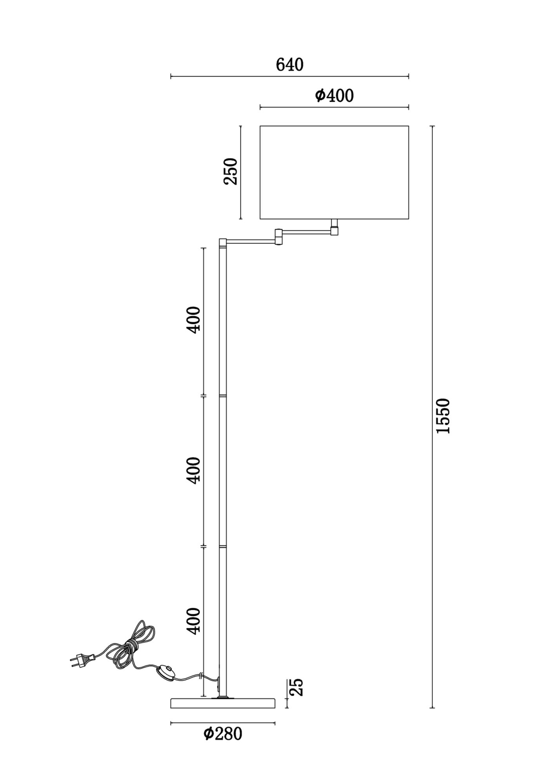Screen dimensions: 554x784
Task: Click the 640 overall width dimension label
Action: tap(290, 65)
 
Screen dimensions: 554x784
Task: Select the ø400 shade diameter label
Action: tap(334, 96)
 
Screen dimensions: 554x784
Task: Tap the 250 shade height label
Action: tap(231, 171)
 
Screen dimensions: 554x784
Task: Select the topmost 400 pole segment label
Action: tap(193, 320)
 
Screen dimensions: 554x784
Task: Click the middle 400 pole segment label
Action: tap(193, 470)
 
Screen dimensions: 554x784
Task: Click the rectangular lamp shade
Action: tap(334, 172)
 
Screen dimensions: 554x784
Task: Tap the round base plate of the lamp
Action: tap(223, 703)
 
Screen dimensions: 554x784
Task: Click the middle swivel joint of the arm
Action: tap(279, 237)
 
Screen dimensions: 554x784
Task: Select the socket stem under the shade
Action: tap(334, 227)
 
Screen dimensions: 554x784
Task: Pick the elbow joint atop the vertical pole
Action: tap(222, 243)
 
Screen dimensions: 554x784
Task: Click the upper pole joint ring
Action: tap(222, 396)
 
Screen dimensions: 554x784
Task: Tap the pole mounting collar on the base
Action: tap(222, 697)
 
